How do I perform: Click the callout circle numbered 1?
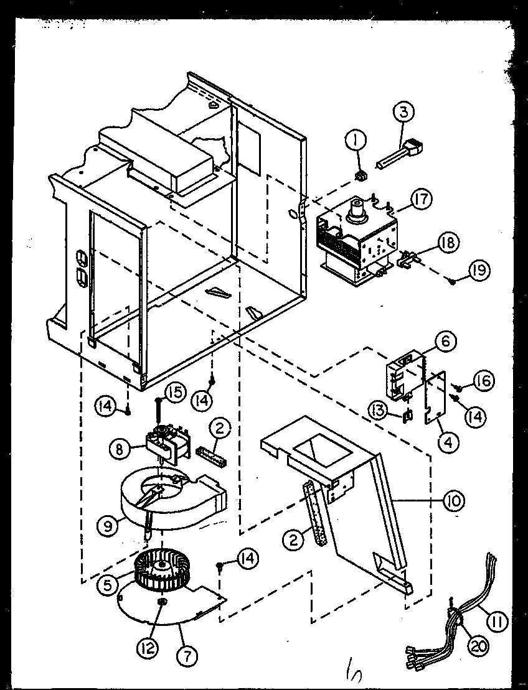coord(357,142)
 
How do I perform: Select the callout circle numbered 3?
coord(403,114)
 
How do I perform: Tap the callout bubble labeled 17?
coord(422,200)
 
